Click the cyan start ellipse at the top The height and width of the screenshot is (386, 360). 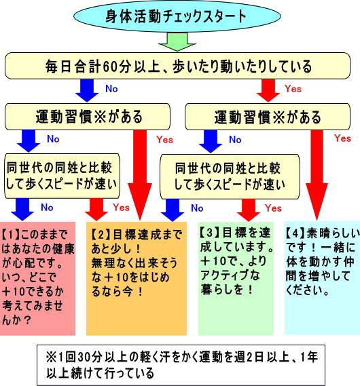coord(177,16)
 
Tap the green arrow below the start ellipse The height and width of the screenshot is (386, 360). coord(177,42)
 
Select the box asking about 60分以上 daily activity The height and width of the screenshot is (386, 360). coord(177,66)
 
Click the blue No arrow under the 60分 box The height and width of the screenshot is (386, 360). coord(87,91)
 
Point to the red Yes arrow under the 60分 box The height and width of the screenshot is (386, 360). coord(268,91)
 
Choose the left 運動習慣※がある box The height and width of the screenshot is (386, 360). coord(88,117)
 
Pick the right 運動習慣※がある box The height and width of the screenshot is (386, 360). coord(268,117)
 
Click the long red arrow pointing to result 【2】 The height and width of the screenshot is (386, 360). coord(140,175)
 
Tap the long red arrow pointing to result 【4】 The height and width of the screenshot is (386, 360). coord(317,175)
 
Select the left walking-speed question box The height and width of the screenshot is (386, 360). coord(62,176)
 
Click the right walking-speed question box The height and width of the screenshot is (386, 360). coord(230,176)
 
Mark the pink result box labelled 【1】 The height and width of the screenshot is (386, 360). coord(37,278)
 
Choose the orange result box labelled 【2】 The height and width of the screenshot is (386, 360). coord(137,278)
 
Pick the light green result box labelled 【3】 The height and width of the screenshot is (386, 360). coord(236,278)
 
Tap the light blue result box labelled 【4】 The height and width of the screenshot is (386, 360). coord(322,278)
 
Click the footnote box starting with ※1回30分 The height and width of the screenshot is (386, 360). coord(181,365)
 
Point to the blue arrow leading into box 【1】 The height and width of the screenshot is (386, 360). coord(22,210)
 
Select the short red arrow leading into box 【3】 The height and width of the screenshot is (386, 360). coord(249,210)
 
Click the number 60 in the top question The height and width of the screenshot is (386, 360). coord(109,67)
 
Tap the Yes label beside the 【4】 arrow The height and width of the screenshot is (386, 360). coord(342,138)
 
